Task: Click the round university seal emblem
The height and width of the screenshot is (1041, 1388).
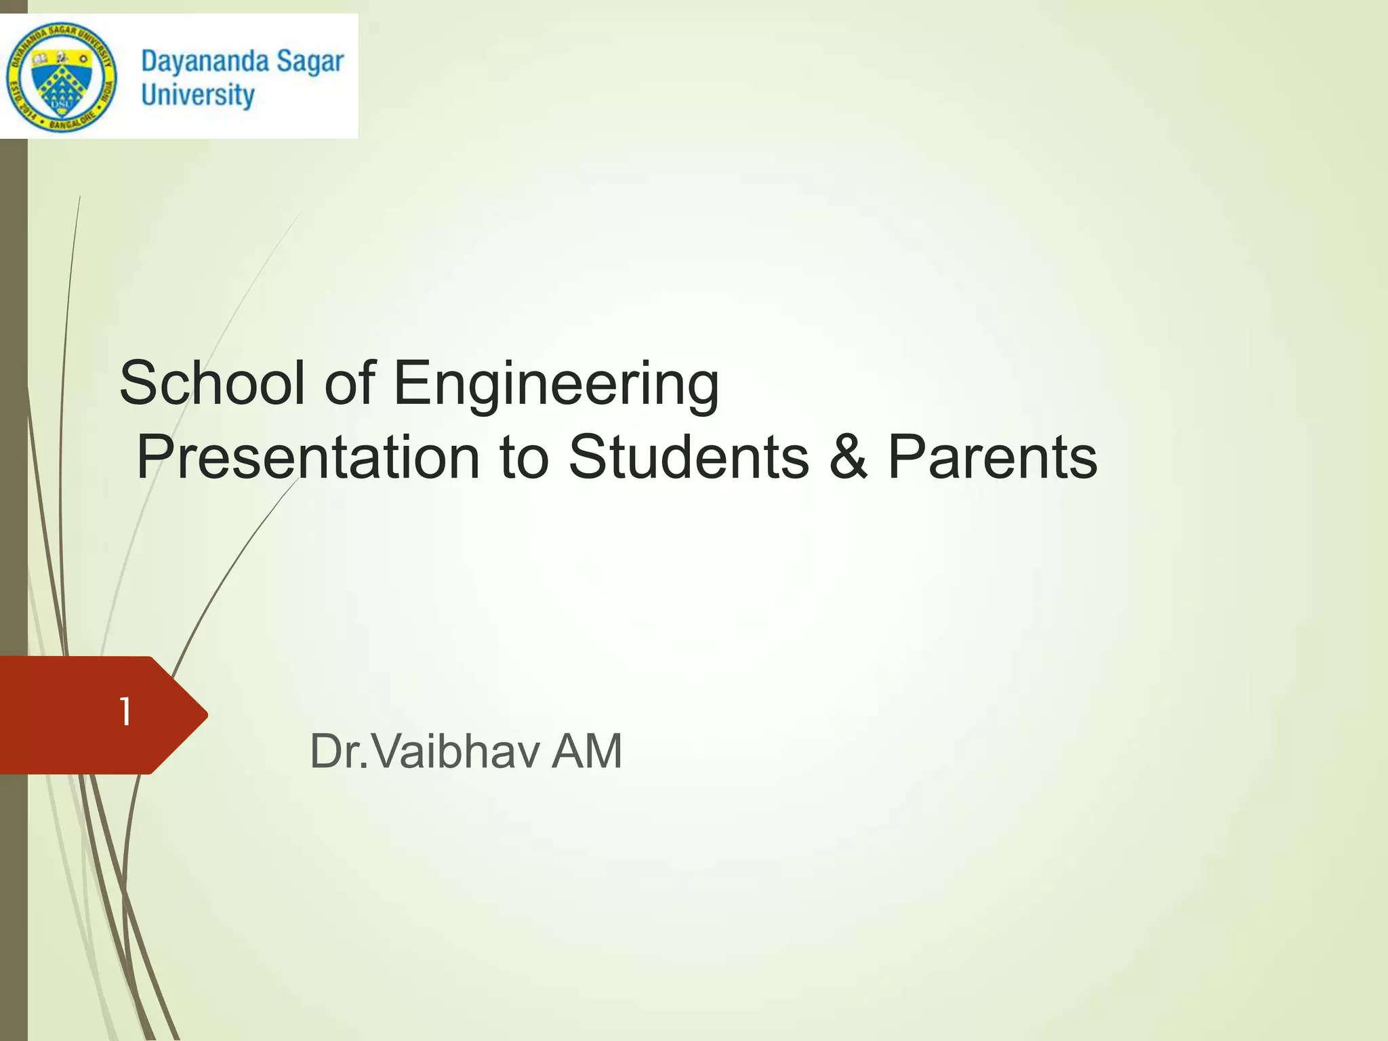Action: (62, 77)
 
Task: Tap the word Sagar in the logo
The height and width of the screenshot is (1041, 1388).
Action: (310, 62)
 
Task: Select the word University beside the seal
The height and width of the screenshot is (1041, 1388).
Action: (197, 95)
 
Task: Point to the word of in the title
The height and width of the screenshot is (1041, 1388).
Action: (350, 383)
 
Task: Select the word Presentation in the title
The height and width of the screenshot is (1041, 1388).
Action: (308, 457)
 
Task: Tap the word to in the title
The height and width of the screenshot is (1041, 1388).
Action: (524, 457)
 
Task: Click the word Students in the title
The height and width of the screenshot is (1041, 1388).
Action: (689, 457)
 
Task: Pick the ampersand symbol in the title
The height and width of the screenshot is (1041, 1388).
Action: (848, 457)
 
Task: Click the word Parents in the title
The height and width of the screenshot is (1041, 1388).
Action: (992, 457)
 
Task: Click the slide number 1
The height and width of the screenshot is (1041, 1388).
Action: (125, 712)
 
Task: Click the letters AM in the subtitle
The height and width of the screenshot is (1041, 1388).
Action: (587, 752)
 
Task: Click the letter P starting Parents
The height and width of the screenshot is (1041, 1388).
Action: (905, 457)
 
